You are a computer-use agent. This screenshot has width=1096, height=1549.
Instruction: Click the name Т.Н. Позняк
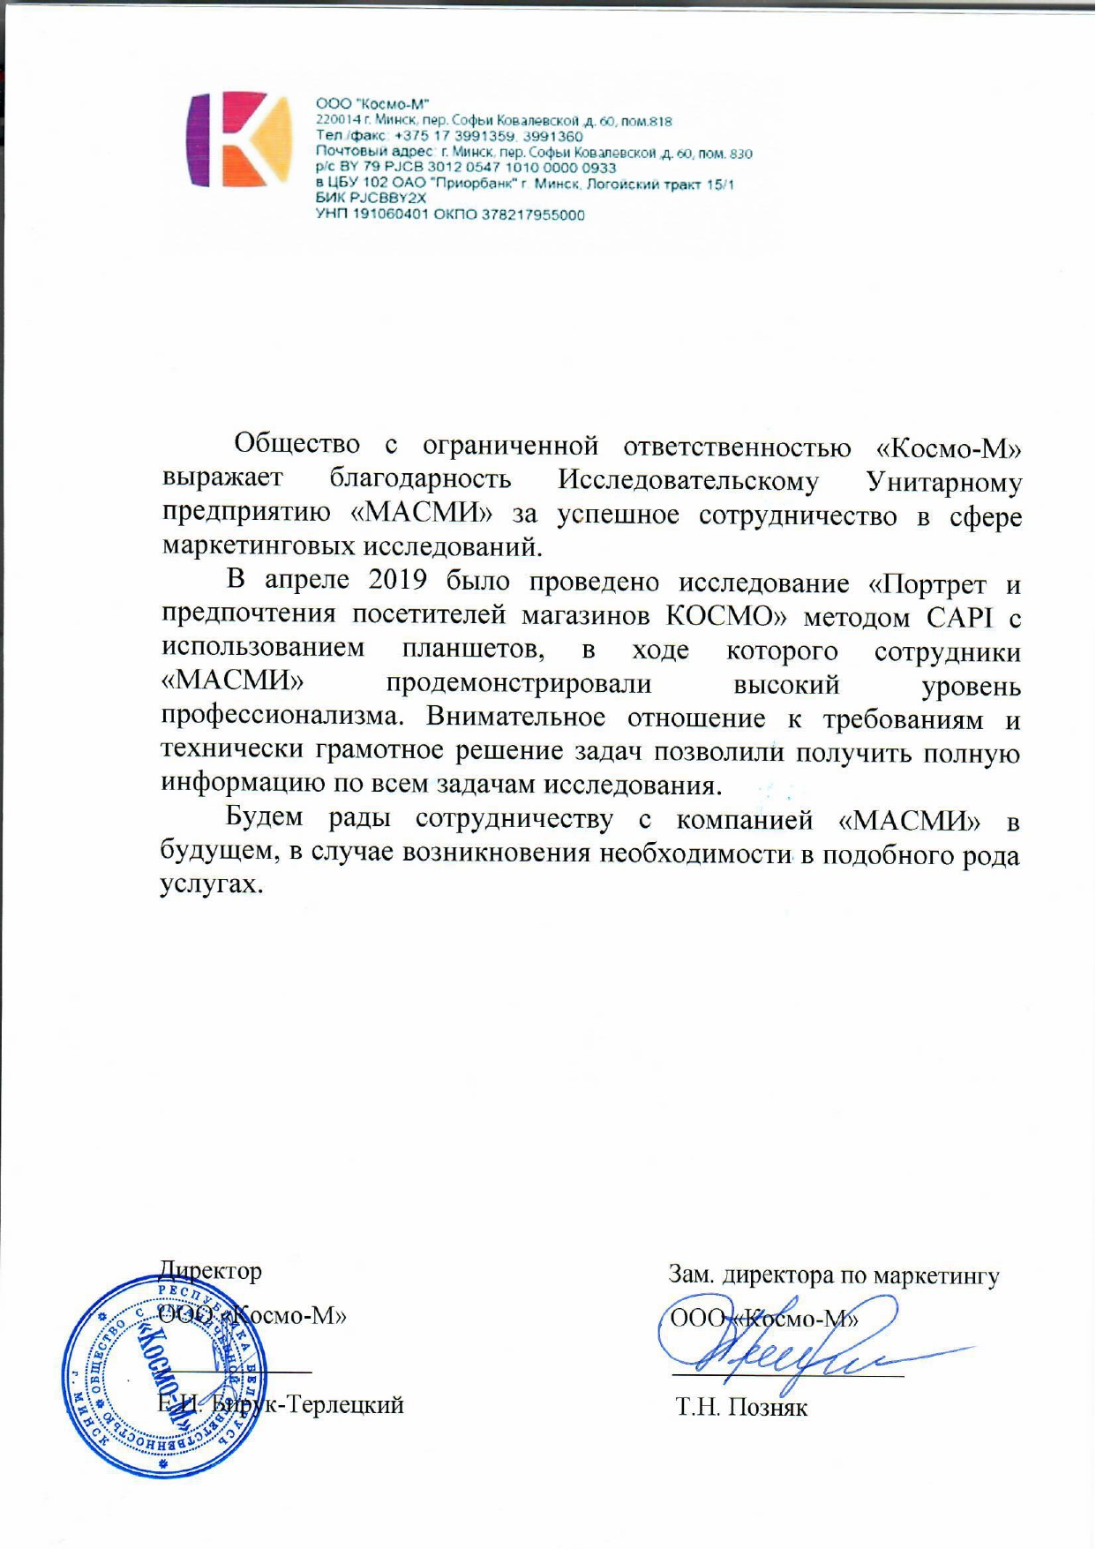coord(741,1407)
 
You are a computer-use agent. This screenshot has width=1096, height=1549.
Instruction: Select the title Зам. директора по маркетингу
coord(834,1275)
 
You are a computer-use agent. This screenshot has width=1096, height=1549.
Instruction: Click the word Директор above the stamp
coord(210,1271)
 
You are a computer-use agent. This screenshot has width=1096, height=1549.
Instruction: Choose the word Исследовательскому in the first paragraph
coord(688,481)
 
